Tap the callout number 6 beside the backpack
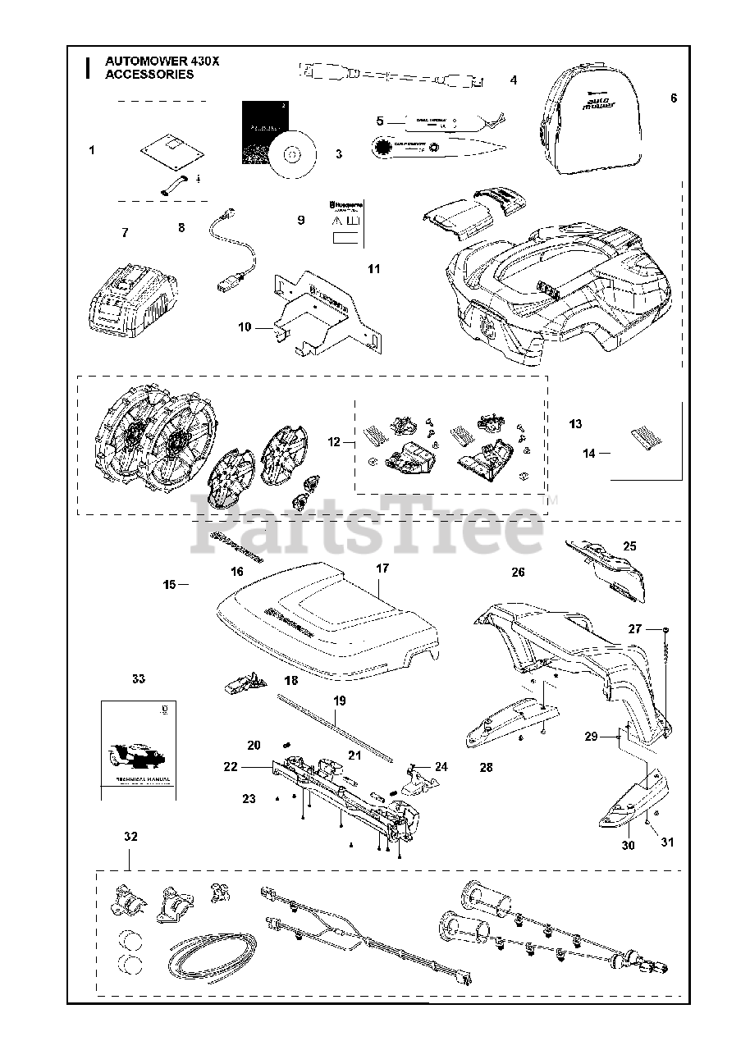click(674, 98)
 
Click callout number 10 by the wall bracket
click(245, 326)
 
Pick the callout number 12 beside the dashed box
click(334, 442)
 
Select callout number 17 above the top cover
click(382, 568)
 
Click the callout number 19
click(340, 701)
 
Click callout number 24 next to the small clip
click(441, 767)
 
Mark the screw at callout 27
click(663, 629)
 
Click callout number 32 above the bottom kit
click(130, 837)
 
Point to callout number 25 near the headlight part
click(630, 546)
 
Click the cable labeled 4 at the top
click(394, 76)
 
